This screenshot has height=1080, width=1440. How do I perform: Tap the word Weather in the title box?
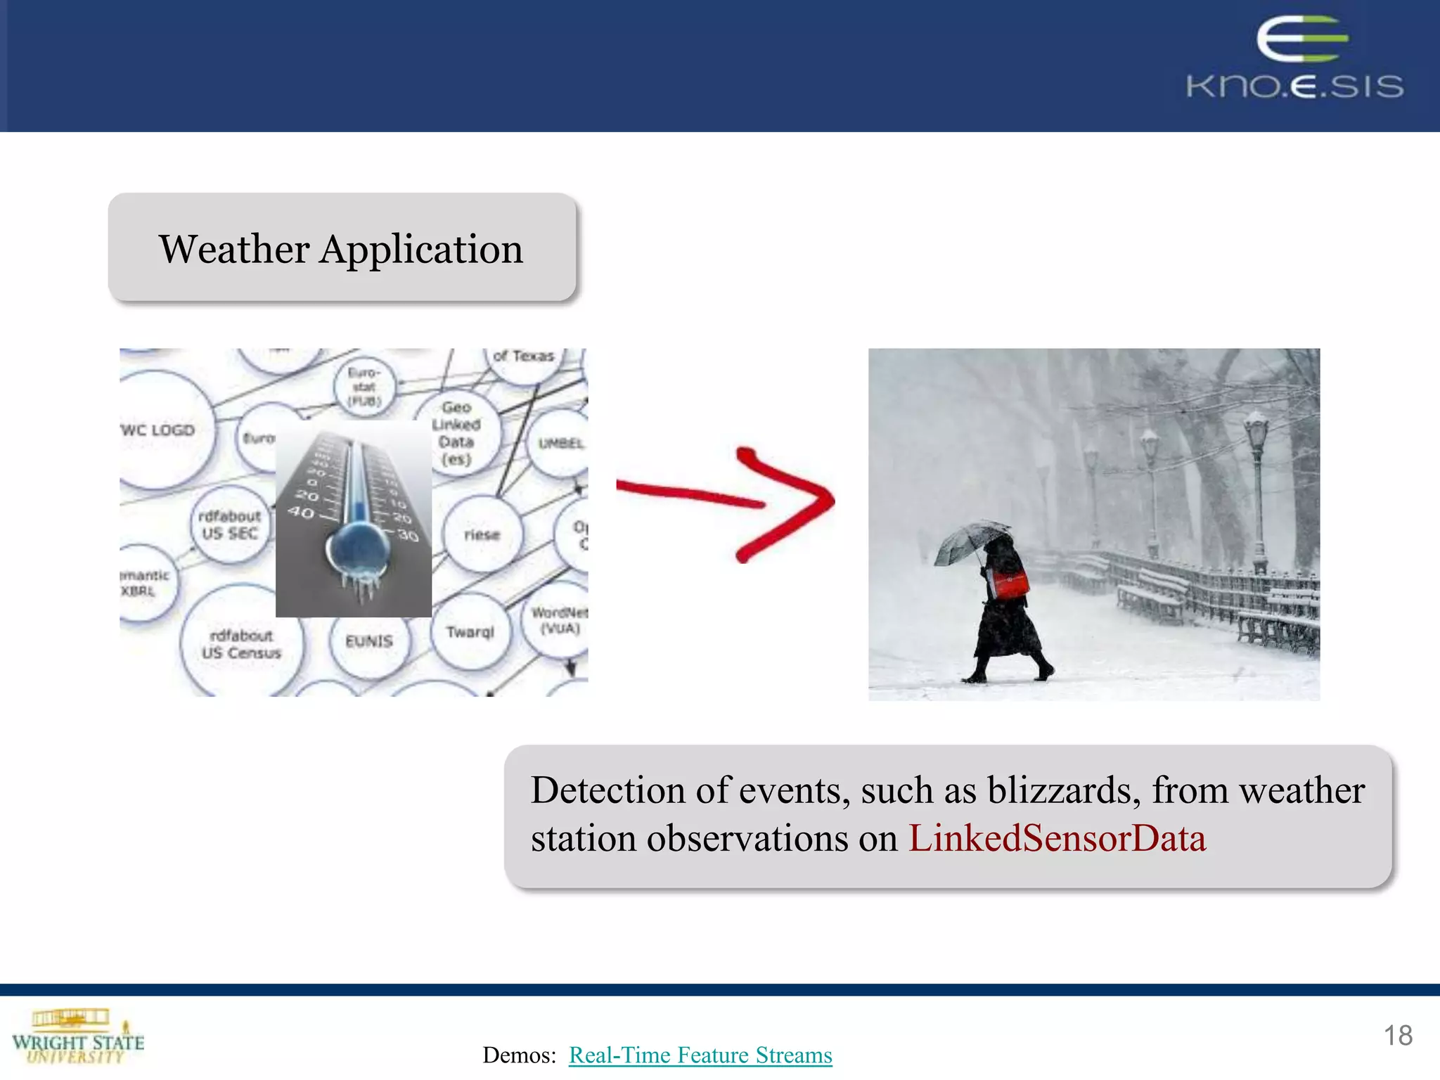click(233, 250)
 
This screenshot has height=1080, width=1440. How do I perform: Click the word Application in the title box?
click(421, 250)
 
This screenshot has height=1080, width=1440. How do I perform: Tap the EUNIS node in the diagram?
click(369, 641)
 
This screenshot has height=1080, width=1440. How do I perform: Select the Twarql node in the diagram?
click(470, 631)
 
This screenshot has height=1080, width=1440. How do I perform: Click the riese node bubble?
click(482, 535)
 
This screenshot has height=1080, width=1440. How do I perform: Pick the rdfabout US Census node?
click(241, 644)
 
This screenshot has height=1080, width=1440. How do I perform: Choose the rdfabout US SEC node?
click(229, 525)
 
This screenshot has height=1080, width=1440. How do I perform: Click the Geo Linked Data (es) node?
click(456, 433)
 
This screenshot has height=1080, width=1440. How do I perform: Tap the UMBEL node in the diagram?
click(560, 443)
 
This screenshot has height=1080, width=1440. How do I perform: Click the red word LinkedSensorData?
click(1057, 839)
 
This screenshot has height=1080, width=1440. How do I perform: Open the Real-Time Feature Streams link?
click(700, 1055)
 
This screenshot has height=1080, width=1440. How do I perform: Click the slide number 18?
click(1398, 1036)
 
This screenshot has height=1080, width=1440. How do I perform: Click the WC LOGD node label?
click(158, 430)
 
